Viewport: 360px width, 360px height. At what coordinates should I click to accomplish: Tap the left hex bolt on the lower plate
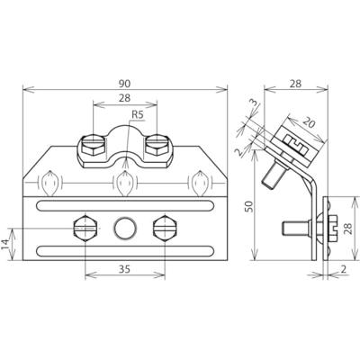(x=83, y=228)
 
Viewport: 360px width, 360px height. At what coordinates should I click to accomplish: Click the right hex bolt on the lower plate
(x=163, y=228)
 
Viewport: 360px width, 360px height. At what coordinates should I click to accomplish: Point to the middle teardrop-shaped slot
(x=121, y=185)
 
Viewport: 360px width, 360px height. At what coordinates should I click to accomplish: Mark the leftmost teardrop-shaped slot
(x=49, y=185)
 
